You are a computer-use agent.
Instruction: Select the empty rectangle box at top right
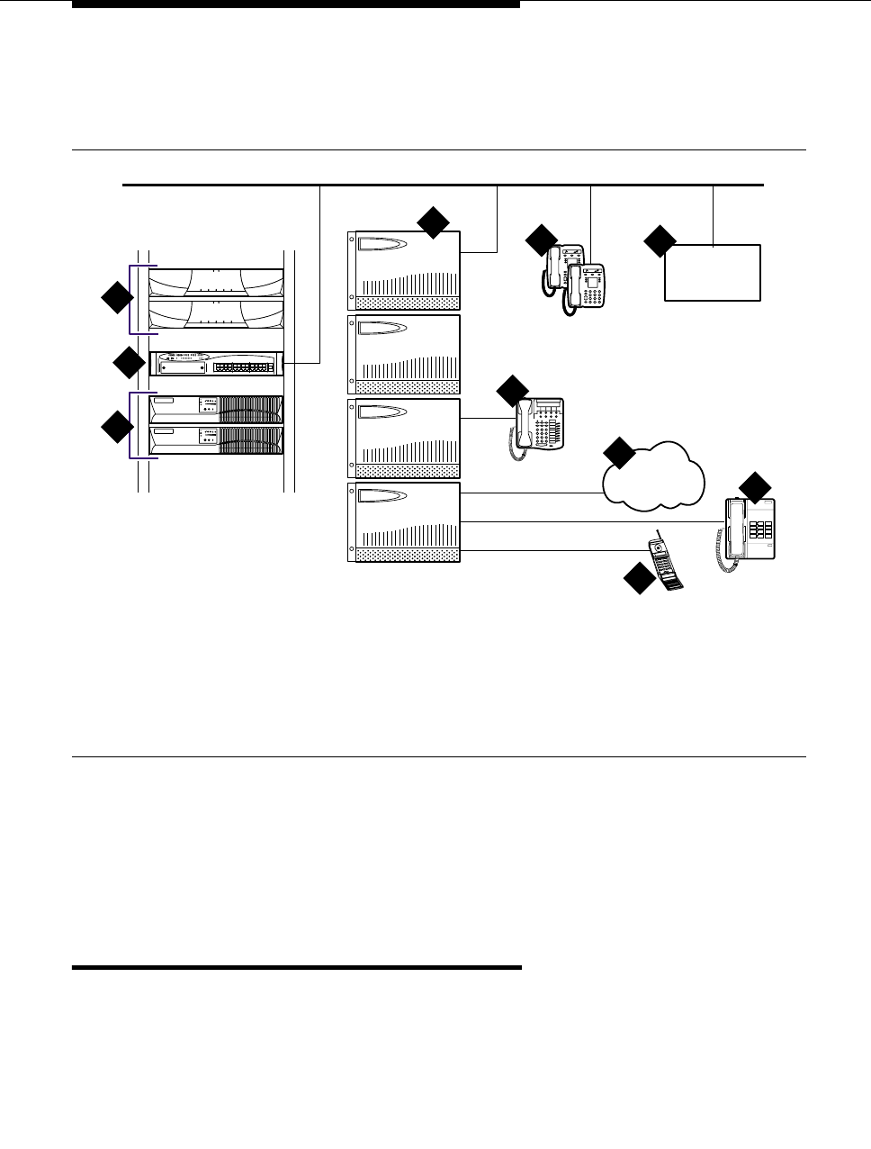click(713, 272)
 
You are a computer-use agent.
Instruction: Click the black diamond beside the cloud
click(619, 453)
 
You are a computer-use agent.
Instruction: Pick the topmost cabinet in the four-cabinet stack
click(404, 270)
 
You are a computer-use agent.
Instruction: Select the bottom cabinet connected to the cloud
click(404, 522)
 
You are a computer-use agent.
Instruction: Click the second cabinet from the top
click(404, 354)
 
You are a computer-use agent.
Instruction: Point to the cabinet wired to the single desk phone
click(404, 438)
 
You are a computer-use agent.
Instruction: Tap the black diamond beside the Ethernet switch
click(129, 363)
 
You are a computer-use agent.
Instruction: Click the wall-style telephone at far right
click(749, 530)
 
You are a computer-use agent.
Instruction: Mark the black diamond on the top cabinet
click(433, 222)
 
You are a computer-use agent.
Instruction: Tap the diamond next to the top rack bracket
click(116, 298)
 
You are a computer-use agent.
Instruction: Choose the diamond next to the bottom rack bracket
click(116, 426)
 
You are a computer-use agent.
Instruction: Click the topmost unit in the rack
click(216, 282)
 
